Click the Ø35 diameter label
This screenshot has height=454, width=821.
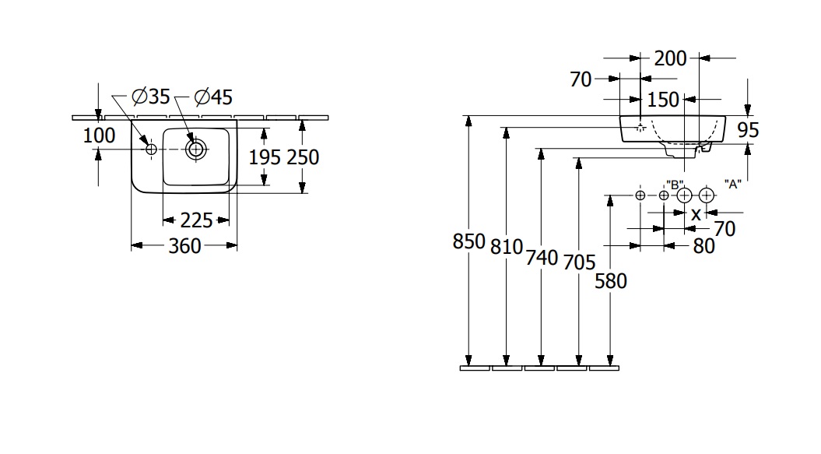pos(150,97)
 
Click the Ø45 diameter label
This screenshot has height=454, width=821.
pos(212,97)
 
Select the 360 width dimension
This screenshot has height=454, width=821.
pos(184,246)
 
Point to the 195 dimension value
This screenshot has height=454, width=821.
pos(264,157)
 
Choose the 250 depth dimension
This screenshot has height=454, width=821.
pos(303,157)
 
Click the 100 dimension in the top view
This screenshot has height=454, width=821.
pos(99,135)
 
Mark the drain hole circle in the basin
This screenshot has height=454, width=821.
pos(195,148)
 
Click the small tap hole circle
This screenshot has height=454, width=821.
pos(151,148)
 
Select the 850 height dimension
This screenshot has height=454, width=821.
pos(468,242)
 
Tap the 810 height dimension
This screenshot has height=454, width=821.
pos(507,247)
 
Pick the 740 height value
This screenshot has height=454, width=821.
pos(542,257)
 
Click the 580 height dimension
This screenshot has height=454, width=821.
pos(610,280)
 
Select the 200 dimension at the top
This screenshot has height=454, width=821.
pos(670,58)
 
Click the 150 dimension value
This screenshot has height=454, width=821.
pos(664,100)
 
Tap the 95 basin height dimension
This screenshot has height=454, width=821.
pos(747,130)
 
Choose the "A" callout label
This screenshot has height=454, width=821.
pos(732,184)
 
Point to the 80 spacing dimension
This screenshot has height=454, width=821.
pos(703,246)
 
